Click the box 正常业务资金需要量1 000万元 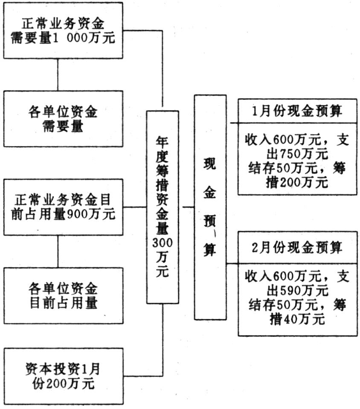(x=63, y=30)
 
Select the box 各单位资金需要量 (x=63, y=119)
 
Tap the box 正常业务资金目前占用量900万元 (x=63, y=207)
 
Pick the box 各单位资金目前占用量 (x=63, y=295)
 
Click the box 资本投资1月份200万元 (x=63, y=376)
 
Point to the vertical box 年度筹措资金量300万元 (x=163, y=207)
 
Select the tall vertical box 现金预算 (x=210, y=207)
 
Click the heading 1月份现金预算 (x=297, y=111)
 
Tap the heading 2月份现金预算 (x=297, y=247)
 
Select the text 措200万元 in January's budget (x=296, y=182)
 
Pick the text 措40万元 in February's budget (x=297, y=319)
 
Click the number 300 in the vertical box (x=163, y=243)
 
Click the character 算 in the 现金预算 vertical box (x=210, y=250)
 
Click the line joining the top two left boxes (x=58, y=75)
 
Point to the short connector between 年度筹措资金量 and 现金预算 (x=189, y=207)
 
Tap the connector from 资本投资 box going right (x=143, y=376)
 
